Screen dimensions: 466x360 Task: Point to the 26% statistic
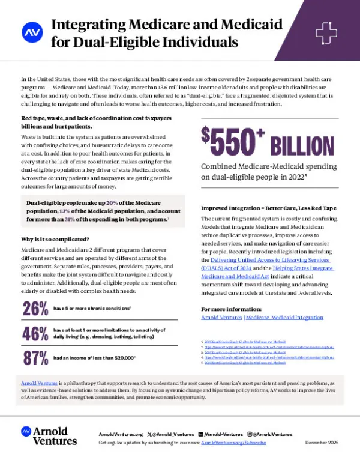tap(35, 309)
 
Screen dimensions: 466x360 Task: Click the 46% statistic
tap(35, 334)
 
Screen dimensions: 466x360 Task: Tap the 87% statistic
tap(35, 358)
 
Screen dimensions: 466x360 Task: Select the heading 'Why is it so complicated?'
tap(54, 238)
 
